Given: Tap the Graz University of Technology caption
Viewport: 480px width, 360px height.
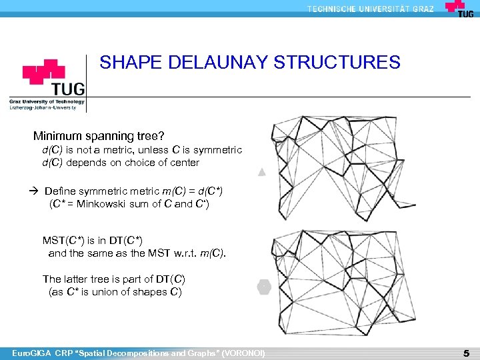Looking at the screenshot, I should [x=47, y=102].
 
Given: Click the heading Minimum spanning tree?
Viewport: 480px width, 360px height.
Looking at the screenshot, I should [x=99, y=137].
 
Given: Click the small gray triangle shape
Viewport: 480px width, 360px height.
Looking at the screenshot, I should [x=262, y=172].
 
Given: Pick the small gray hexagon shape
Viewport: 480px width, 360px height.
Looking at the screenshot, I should [x=263, y=287].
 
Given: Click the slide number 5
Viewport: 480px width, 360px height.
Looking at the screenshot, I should [x=466, y=352].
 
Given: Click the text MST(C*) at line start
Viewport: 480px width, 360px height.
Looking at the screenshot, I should [x=63, y=240].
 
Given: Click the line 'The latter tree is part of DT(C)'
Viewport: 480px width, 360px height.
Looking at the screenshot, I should [x=113, y=279].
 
